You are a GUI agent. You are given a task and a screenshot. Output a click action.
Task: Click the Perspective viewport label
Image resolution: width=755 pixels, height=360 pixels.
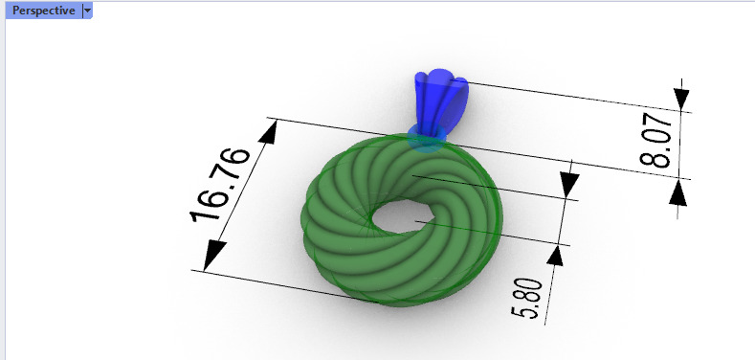click(42, 11)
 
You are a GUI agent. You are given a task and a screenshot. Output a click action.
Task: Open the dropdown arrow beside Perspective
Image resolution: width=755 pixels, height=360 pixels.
click(87, 11)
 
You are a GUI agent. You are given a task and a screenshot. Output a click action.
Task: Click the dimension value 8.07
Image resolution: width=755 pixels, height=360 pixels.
click(659, 141)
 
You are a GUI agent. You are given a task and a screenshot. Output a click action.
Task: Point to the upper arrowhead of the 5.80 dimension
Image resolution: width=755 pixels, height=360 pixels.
click(570, 182)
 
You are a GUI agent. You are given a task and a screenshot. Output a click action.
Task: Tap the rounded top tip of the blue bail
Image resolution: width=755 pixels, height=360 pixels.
click(440, 77)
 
